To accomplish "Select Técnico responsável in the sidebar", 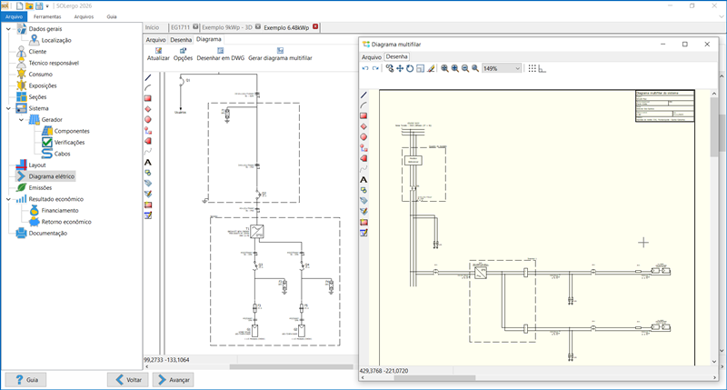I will tap(55, 63).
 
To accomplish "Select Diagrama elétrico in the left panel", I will tap(52, 176).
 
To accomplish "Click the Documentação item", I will tap(47, 233).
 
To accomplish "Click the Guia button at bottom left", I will tap(26, 379).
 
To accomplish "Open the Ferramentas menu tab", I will tap(48, 16).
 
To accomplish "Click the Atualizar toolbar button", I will tap(158, 53).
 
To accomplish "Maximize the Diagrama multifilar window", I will tap(684, 44).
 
